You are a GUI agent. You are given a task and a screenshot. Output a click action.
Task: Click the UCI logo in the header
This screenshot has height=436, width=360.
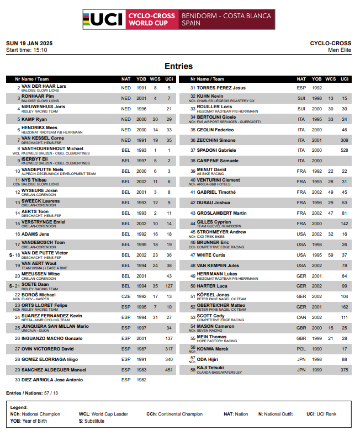click(x=104, y=19)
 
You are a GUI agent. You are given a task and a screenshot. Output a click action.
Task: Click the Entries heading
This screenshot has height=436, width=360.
click(x=178, y=66)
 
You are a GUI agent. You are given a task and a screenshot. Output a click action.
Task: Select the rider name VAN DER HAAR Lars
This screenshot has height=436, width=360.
click(x=44, y=87)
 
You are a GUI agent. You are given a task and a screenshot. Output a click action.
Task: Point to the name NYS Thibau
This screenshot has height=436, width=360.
click(x=34, y=180)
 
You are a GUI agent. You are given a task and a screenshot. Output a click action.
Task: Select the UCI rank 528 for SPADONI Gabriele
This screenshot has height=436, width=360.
click(x=344, y=150)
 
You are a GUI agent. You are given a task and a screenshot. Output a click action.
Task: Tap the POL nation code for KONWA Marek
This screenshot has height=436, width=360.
click(x=301, y=349)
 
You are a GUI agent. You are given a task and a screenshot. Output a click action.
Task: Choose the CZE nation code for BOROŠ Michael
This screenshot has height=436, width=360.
click(x=126, y=296)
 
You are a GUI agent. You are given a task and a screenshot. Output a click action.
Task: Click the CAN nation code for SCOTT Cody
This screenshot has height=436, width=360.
click(x=301, y=317)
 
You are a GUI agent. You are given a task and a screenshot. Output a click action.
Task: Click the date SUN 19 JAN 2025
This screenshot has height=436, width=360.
click(x=29, y=43)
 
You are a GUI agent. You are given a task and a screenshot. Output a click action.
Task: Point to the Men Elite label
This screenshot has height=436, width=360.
click(x=340, y=50)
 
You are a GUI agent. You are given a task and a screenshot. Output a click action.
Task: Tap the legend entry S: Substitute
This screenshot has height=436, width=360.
click(x=91, y=421)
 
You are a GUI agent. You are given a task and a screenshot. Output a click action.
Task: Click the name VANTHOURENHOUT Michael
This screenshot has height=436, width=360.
click(x=52, y=148)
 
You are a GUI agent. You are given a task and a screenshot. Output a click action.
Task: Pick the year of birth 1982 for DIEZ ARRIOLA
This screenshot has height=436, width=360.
click(x=141, y=380)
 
